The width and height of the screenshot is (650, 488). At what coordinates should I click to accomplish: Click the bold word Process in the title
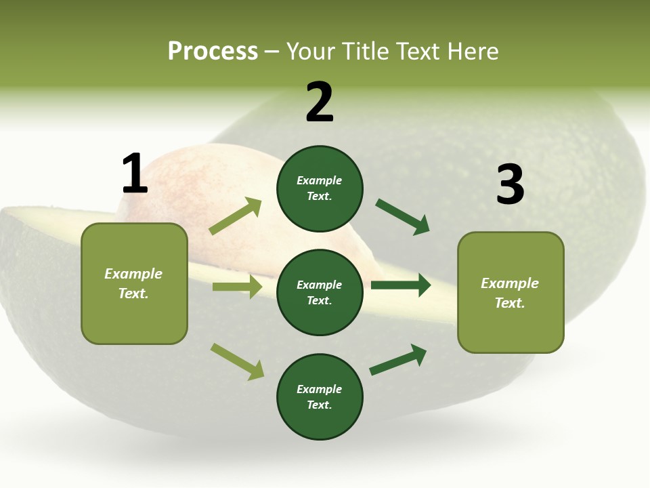(213, 52)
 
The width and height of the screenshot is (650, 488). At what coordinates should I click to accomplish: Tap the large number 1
(134, 174)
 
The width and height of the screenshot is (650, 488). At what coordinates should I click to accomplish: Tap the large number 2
(320, 102)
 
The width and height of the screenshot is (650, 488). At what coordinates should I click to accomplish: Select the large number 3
(510, 184)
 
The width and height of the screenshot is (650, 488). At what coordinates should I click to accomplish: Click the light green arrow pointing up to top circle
(235, 217)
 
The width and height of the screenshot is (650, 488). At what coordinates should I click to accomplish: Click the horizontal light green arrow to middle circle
(237, 287)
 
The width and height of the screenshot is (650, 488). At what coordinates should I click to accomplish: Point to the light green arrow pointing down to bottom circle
(237, 361)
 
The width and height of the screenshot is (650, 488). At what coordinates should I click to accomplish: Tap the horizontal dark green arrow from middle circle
(401, 285)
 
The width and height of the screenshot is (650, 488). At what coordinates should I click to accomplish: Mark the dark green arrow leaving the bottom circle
(399, 360)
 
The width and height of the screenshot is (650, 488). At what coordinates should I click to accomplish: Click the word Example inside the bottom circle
(319, 389)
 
